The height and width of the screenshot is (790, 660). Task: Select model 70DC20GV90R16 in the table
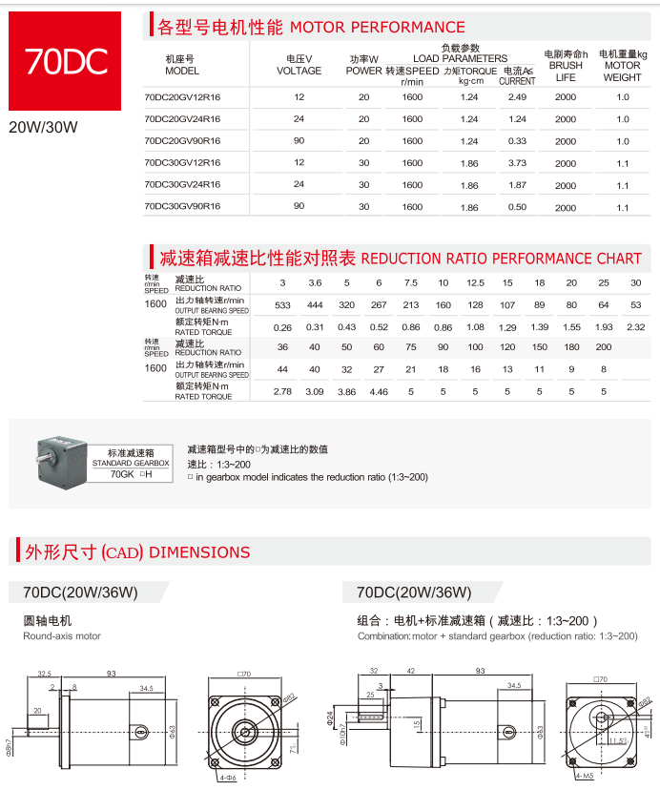click(182, 141)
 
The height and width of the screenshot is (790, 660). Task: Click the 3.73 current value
click(517, 163)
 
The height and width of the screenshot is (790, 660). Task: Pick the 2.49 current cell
click(517, 97)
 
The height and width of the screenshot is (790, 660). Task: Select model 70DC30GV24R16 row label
click(182, 185)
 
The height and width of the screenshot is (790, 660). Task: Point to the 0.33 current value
click(517, 141)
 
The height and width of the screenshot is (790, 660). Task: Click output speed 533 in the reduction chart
click(282, 305)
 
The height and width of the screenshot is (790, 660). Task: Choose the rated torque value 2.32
click(636, 327)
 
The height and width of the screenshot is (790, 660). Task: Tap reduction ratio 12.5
click(475, 283)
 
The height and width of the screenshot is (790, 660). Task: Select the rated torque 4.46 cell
click(379, 391)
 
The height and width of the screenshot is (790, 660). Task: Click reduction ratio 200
click(603, 347)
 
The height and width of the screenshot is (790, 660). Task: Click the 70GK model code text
click(121, 473)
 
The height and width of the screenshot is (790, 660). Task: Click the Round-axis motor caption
click(62, 635)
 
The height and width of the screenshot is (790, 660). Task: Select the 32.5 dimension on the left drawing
click(44, 673)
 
